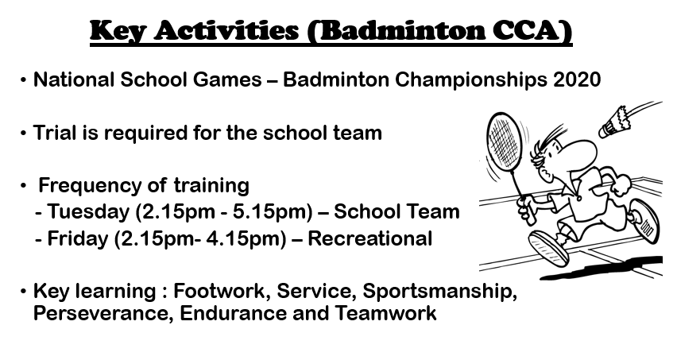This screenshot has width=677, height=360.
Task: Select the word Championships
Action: click(470, 80)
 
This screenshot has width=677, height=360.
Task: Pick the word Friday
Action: click(78, 238)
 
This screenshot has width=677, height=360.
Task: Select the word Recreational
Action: click(370, 238)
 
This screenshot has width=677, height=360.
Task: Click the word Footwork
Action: click(222, 291)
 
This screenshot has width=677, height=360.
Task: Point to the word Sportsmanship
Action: click(439, 292)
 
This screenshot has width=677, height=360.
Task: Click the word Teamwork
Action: click(386, 313)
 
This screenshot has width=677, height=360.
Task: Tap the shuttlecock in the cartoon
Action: click(614, 122)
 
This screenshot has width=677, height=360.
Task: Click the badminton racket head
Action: click(505, 142)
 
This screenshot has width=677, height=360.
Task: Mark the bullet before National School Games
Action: click(23, 80)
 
